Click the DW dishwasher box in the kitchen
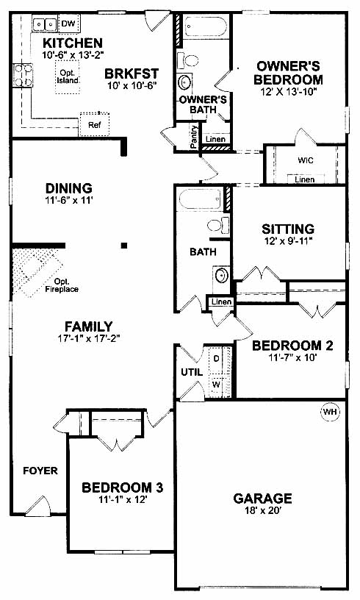(x=68, y=24)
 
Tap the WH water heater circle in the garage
(x=329, y=412)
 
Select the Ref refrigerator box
(x=94, y=124)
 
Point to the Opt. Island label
(x=68, y=76)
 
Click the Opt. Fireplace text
(x=62, y=286)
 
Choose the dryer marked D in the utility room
(x=216, y=359)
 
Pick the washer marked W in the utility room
(x=216, y=384)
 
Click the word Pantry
(x=194, y=137)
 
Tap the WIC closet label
(x=306, y=160)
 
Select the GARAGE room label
(x=262, y=499)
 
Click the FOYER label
(x=40, y=471)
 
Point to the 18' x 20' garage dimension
(x=262, y=510)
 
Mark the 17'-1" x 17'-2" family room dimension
(x=89, y=338)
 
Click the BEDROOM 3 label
(x=122, y=488)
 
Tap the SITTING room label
(x=288, y=229)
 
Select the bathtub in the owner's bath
(x=205, y=26)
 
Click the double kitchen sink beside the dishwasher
(x=45, y=24)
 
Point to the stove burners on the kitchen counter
(x=22, y=75)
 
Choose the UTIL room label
(x=192, y=372)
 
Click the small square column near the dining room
(x=124, y=246)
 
